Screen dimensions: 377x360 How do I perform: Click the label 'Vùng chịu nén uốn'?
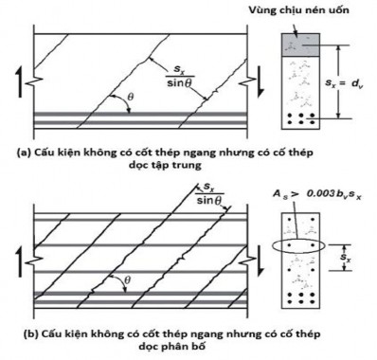click(x=298, y=10)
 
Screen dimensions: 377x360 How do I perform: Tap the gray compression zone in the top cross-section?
click(x=300, y=45)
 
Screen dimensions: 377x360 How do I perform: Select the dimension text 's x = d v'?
click(x=345, y=83)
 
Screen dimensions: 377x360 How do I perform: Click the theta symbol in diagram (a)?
click(x=130, y=97)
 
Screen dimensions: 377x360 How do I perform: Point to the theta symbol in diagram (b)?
click(x=128, y=279)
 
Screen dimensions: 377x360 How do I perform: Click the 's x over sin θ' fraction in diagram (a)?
click(x=180, y=77)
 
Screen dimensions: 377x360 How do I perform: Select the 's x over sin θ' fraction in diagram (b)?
click(x=209, y=194)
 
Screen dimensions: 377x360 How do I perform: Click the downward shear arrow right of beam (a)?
click(x=260, y=81)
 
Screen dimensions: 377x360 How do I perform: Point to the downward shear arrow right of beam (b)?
click(x=260, y=261)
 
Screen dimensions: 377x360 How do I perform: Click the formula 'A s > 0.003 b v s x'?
click(x=317, y=194)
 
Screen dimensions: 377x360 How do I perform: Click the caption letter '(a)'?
click(x=24, y=153)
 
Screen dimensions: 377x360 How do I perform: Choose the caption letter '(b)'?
click(x=30, y=333)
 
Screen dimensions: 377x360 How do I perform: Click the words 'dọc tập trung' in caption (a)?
click(x=165, y=165)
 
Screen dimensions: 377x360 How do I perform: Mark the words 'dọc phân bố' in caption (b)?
click(x=171, y=346)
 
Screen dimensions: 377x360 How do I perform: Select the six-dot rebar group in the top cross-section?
click(x=300, y=118)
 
